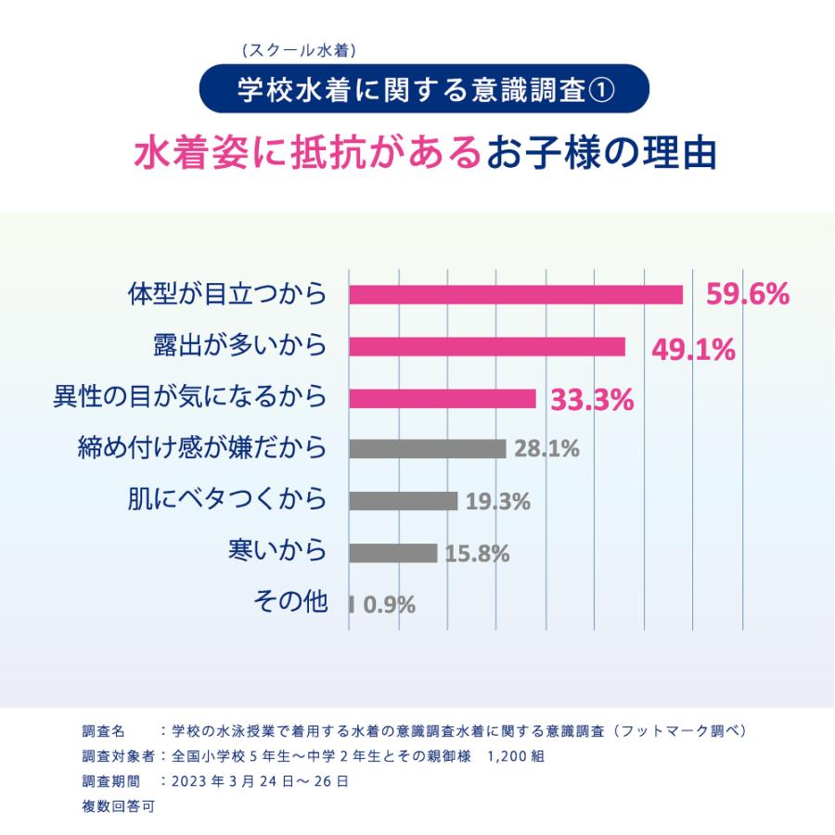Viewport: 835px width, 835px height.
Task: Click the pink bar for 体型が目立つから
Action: (x=516, y=294)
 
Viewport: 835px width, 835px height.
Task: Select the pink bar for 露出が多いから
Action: (x=487, y=346)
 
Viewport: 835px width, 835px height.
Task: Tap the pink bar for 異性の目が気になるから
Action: (x=443, y=398)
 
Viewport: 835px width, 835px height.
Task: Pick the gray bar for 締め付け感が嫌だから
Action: (x=428, y=449)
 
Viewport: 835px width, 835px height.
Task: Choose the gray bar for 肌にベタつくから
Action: (x=404, y=501)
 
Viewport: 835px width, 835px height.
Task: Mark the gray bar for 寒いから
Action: (x=393, y=553)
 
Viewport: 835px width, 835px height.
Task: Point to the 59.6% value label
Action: (x=748, y=295)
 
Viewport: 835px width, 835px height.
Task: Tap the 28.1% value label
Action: (x=546, y=450)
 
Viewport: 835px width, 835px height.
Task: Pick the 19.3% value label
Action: (x=497, y=502)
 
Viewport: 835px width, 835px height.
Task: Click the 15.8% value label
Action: (x=477, y=554)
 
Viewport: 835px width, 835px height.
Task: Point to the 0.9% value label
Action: (x=389, y=606)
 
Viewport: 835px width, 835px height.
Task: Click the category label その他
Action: (x=290, y=602)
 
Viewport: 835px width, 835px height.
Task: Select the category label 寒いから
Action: (x=277, y=550)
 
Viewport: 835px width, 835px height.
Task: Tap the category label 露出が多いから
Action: (x=239, y=345)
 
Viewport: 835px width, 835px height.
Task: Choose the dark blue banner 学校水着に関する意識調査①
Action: (x=423, y=90)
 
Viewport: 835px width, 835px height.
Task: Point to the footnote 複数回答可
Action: (x=118, y=806)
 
